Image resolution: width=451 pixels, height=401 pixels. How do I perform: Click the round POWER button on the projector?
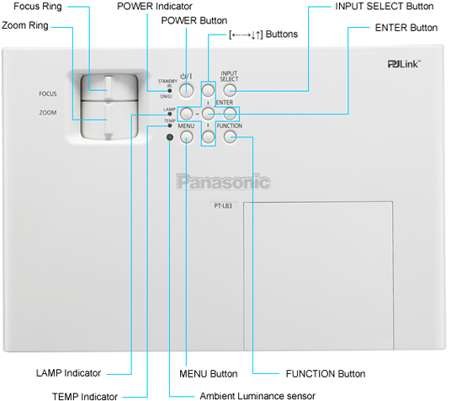tap(188, 90)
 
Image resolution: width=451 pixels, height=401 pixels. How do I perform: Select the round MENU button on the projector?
tap(187, 136)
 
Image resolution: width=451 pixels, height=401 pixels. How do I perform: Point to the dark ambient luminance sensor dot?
tap(169, 136)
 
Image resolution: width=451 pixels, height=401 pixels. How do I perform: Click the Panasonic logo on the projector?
tap(223, 181)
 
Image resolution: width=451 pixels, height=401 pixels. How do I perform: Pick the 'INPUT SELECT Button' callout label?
tap(383, 7)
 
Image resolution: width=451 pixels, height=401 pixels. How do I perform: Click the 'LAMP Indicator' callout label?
tap(68, 372)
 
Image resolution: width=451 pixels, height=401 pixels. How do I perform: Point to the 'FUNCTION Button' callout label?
tap(326, 372)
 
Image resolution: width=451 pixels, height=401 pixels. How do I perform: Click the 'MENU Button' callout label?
tap(209, 372)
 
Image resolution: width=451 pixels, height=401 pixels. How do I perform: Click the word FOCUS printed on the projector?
tap(47, 94)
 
